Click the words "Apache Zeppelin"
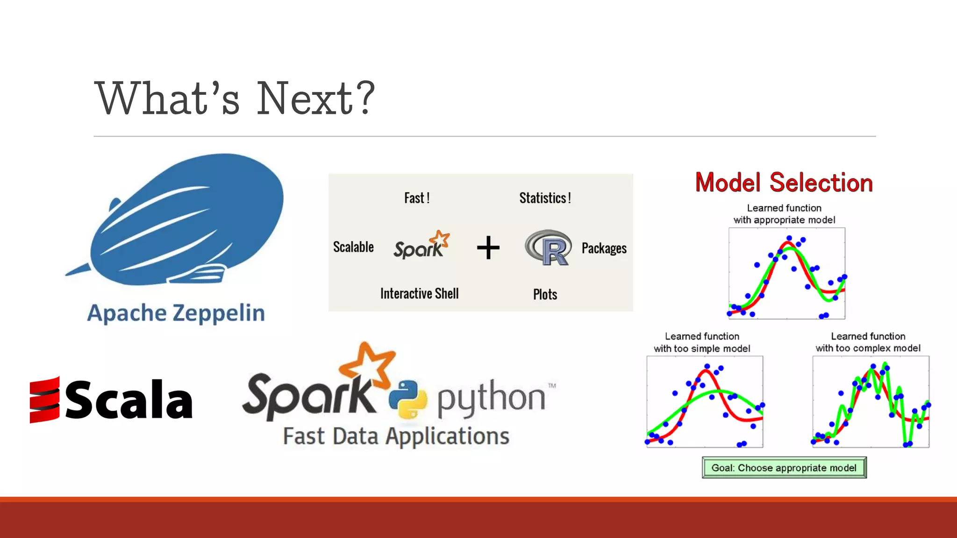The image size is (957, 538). coord(176,313)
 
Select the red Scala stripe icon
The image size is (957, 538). coord(44,400)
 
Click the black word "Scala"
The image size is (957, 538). coord(129,400)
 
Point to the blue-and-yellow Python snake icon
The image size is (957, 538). coord(407,399)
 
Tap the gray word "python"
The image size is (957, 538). coord(491,398)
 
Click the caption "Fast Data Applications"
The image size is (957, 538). coord(396,436)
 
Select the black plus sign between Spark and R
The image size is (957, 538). coord(488,248)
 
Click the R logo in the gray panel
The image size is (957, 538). coord(548,248)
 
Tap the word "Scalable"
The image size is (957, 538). coord(353,247)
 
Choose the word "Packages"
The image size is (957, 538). coord(604,248)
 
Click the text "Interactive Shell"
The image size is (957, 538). coord(419,294)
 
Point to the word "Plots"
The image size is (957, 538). coord(545,295)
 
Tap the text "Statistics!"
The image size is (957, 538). coord(545,198)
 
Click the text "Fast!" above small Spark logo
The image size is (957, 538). coord(416,198)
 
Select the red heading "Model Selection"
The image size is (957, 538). coord(784,183)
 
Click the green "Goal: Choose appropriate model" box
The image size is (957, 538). coord(784,467)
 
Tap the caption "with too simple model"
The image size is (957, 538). coord(702,348)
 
